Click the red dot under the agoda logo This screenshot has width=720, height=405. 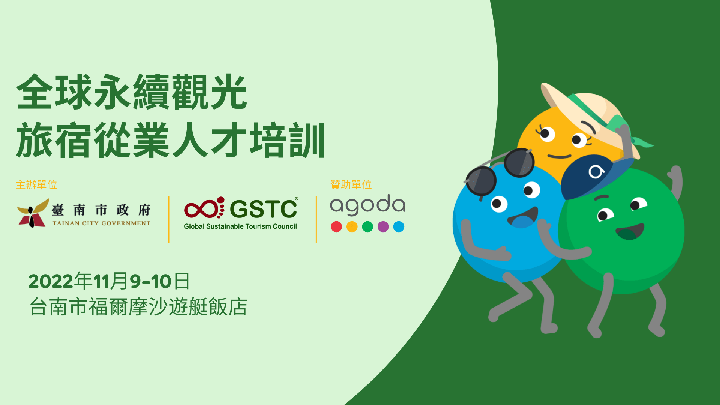click(336, 227)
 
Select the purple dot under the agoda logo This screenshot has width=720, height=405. click(383, 227)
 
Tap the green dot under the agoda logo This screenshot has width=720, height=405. click(367, 227)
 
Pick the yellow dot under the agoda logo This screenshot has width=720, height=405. click(352, 227)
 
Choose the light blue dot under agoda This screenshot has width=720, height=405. click(399, 227)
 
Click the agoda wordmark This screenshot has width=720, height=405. click(367, 205)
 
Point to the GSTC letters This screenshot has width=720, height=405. click(264, 209)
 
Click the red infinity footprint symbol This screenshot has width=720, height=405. click(204, 208)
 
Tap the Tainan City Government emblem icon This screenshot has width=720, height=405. click(33, 213)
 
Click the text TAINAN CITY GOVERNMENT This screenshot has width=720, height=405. click(101, 223)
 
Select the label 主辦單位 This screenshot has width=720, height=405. click(36, 185)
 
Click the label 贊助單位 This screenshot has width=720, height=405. click(351, 185)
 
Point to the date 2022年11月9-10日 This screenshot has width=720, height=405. click(109, 281)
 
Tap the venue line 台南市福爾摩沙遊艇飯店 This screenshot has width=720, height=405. click(138, 307)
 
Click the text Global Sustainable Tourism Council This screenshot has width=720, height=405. click(240, 226)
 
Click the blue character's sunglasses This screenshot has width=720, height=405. click(498, 172)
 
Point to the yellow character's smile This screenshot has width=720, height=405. click(559, 156)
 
